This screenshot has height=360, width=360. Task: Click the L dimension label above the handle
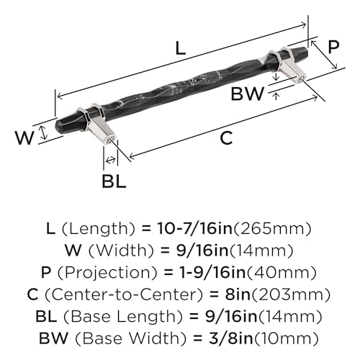click(x=181, y=48)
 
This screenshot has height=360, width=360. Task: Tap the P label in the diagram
click(x=333, y=47)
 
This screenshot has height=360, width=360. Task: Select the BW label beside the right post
click(x=248, y=94)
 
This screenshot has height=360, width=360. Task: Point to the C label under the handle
click(x=226, y=138)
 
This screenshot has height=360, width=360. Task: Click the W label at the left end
click(x=24, y=138)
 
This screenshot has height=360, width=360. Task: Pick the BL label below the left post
click(x=114, y=181)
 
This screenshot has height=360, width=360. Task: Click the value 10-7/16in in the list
click(x=195, y=228)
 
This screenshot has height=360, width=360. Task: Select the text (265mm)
click(x=272, y=229)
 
